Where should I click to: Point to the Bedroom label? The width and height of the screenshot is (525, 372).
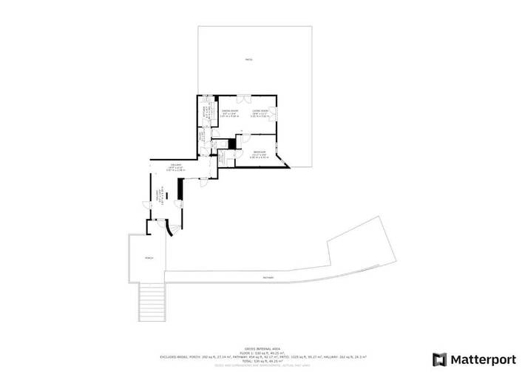(x=259, y=152)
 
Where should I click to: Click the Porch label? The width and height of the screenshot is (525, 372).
(x=149, y=258)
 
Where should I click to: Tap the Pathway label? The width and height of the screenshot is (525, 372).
(x=267, y=277)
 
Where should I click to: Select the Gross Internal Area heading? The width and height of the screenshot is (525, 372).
(x=262, y=348)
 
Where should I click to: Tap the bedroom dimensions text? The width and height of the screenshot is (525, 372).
(x=259, y=156)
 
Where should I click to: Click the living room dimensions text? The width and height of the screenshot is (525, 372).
(x=259, y=115)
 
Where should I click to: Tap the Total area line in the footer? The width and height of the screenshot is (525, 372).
(x=262, y=361)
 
